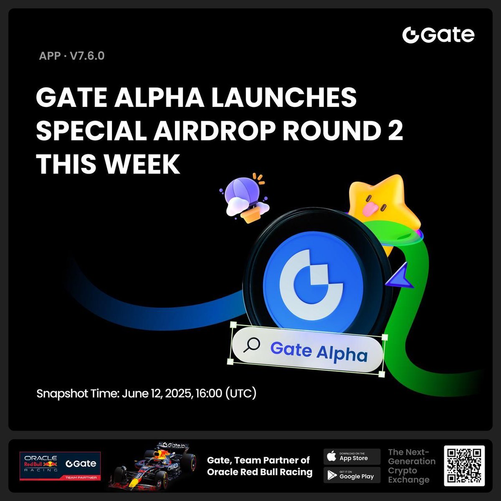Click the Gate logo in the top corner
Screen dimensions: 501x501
pyautogui.click(x=438, y=35)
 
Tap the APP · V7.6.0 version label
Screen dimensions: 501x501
pyautogui.click(x=71, y=56)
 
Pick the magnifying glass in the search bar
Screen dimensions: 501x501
pyautogui.click(x=252, y=345)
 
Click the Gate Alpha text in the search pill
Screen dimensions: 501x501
pyautogui.click(x=319, y=352)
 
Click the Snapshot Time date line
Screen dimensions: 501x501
pyautogui.click(x=146, y=393)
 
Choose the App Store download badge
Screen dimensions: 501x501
pyautogui.click(x=352, y=456)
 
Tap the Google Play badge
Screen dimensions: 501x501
pyautogui.click(x=352, y=475)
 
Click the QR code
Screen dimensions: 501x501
pyautogui.click(x=464, y=466)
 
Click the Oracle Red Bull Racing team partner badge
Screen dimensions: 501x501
pyautogui.click(x=60, y=465)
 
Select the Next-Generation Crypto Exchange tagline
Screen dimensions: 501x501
pyautogui.click(x=411, y=466)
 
